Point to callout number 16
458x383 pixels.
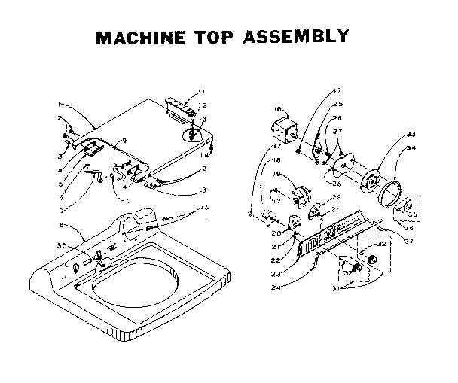(x=255, y=110)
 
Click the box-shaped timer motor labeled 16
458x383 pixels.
(x=282, y=129)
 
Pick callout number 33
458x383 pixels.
(x=411, y=134)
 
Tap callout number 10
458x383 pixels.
(x=127, y=200)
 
